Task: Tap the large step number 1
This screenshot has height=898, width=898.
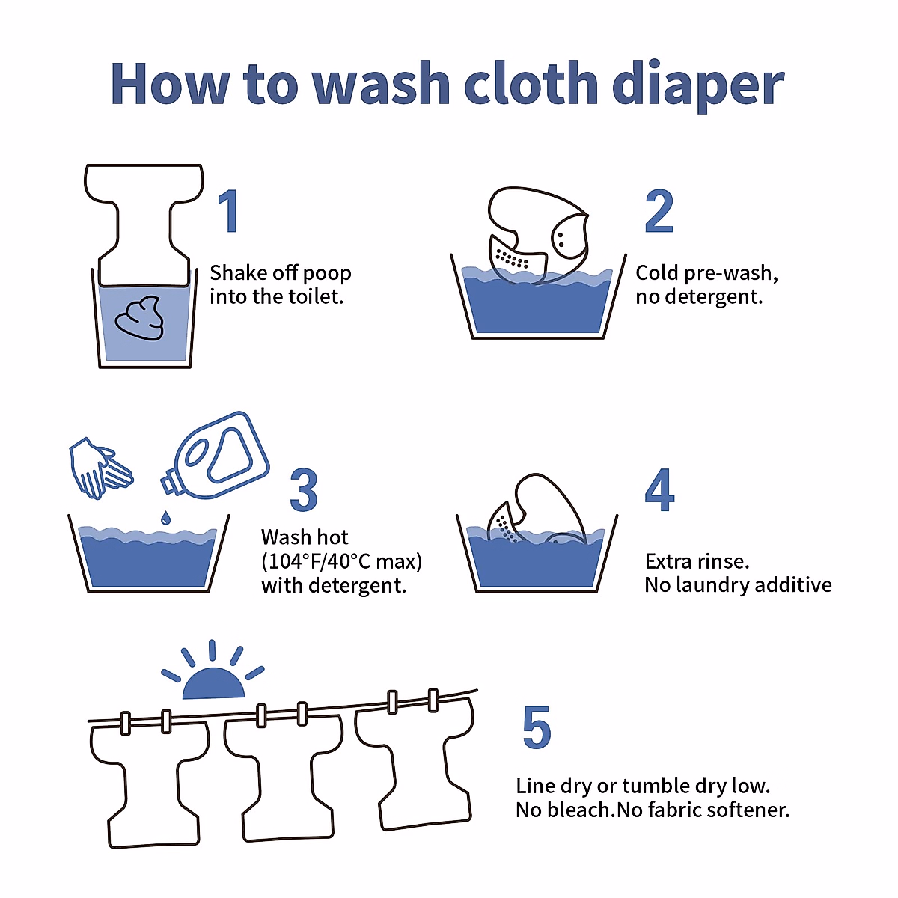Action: [x=229, y=211]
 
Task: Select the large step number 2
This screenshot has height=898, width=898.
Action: [x=659, y=212]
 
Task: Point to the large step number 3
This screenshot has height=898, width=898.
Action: [x=304, y=491]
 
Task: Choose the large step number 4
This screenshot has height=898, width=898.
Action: [x=659, y=491]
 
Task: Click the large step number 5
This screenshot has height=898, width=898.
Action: [x=537, y=727]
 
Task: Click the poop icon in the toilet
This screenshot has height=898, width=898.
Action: [x=139, y=319]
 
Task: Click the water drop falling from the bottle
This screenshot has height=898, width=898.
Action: [x=165, y=517]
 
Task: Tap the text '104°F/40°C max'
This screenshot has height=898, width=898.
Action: [x=341, y=561]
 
